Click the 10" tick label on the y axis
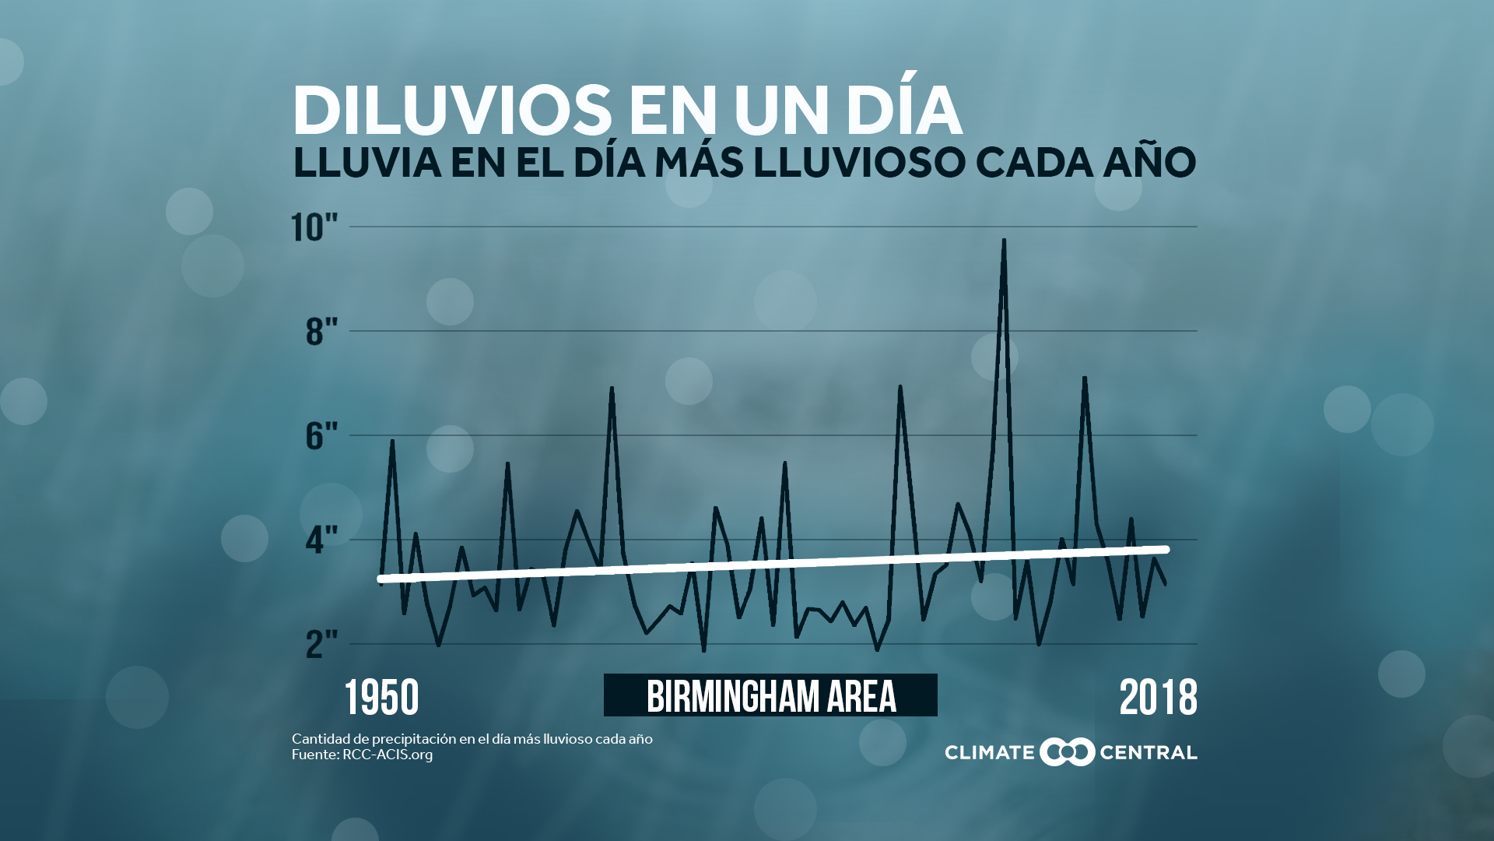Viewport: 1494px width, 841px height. tap(314, 227)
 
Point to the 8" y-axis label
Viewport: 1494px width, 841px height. tap(321, 332)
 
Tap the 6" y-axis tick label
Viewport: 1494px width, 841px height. tap(321, 436)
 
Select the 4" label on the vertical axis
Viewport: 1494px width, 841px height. tap(321, 540)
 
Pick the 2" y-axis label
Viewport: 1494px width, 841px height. tap(321, 644)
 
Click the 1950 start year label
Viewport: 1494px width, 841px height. tap(381, 698)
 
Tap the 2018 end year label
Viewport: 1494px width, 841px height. tap(1158, 698)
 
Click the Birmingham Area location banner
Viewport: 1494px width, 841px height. tap(770, 695)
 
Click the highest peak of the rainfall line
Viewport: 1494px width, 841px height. tap(1004, 241)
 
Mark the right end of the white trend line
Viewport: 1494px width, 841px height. tap(1166, 550)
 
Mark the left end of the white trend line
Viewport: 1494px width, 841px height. tap(381, 579)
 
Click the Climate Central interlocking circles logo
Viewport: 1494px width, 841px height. tap(1067, 751)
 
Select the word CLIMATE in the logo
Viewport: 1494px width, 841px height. tap(989, 752)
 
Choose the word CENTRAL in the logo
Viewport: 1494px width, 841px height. tap(1148, 752)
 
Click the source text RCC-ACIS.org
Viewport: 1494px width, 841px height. tap(388, 755)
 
